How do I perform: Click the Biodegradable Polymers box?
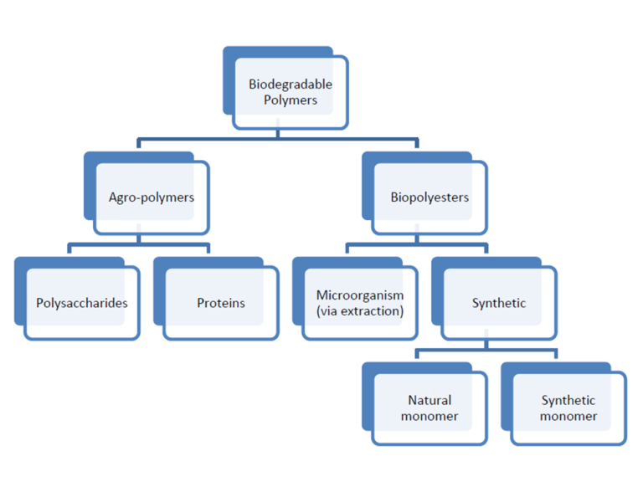tap(290, 92)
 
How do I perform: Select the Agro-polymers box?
tap(151, 197)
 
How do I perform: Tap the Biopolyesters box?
tap(429, 197)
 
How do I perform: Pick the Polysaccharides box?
tap(82, 303)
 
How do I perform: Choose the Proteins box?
tap(221, 303)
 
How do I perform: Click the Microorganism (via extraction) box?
tap(360, 303)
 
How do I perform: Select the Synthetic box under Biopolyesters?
tap(499, 303)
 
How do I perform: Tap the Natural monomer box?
tap(430, 408)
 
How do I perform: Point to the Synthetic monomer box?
tap(568, 408)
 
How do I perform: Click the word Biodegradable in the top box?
tap(291, 85)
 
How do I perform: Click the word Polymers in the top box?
tap(291, 100)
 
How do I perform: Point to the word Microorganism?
tap(360, 295)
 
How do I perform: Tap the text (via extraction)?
tap(360, 311)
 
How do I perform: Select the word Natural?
tap(430, 401)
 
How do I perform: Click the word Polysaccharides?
tap(82, 303)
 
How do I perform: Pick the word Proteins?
tap(221, 303)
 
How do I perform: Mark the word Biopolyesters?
tap(430, 197)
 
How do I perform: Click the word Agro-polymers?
tap(152, 197)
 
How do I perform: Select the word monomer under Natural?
tap(430, 417)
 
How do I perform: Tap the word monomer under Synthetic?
tap(568, 417)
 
